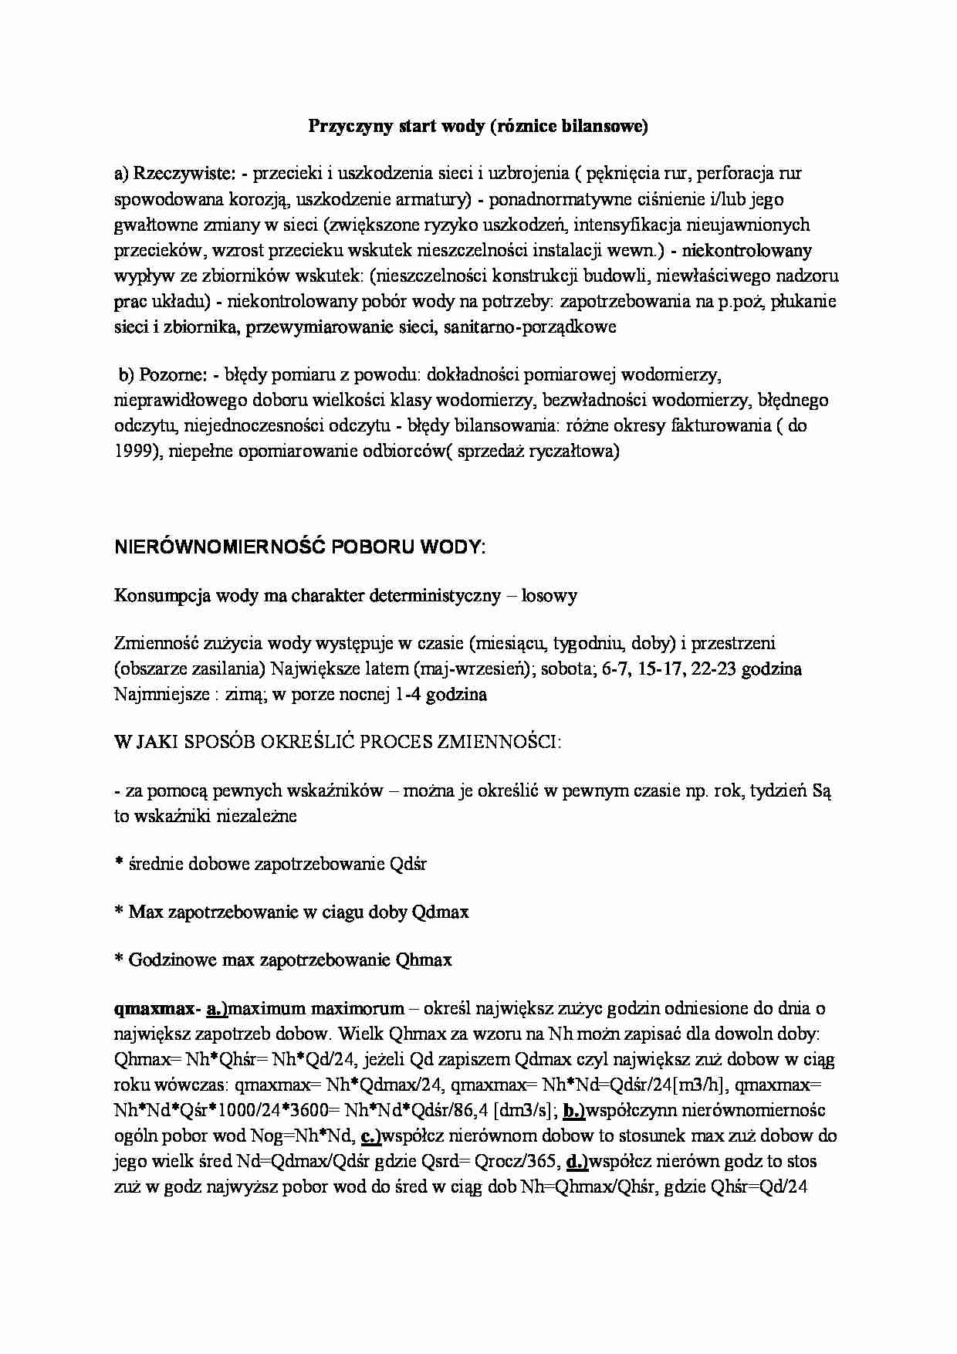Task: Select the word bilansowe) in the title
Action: point(607,127)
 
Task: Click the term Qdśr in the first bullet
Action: point(408,864)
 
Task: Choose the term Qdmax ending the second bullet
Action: point(440,912)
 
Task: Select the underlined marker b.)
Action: point(576,1110)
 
